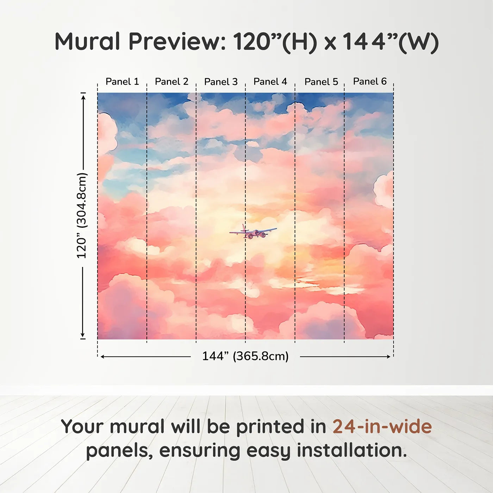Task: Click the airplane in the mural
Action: pyautogui.click(x=253, y=231)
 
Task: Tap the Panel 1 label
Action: pyautogui.click(x=122, y=82)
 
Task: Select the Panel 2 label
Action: pyautogui.click(x=171, y=82)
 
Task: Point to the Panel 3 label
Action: pyautogui.click(x=221, y=82)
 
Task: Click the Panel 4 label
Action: pyautogui.click(x=270, y=82)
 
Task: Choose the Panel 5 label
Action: pyautogui.click(x=322, y=82)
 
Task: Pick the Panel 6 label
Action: pyautogui.click(x=370, y=81)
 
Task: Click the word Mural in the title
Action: pyautogui.click(x=87, y=42)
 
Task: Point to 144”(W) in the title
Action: pyautogui.click(x=391, y=43)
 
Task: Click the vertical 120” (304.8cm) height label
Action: pyautogui.click(x=82, y=216)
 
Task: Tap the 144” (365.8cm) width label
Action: pyautogui.click(x=245, y=356)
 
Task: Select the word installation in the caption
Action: pyautogui.click(x=352, y=450)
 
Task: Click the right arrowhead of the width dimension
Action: pyautogui.click(x=388, y=356)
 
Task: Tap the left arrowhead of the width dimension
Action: pyautogui.click(x=103, y=356)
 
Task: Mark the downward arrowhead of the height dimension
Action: pyautogui.click(x=82, y=335)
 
